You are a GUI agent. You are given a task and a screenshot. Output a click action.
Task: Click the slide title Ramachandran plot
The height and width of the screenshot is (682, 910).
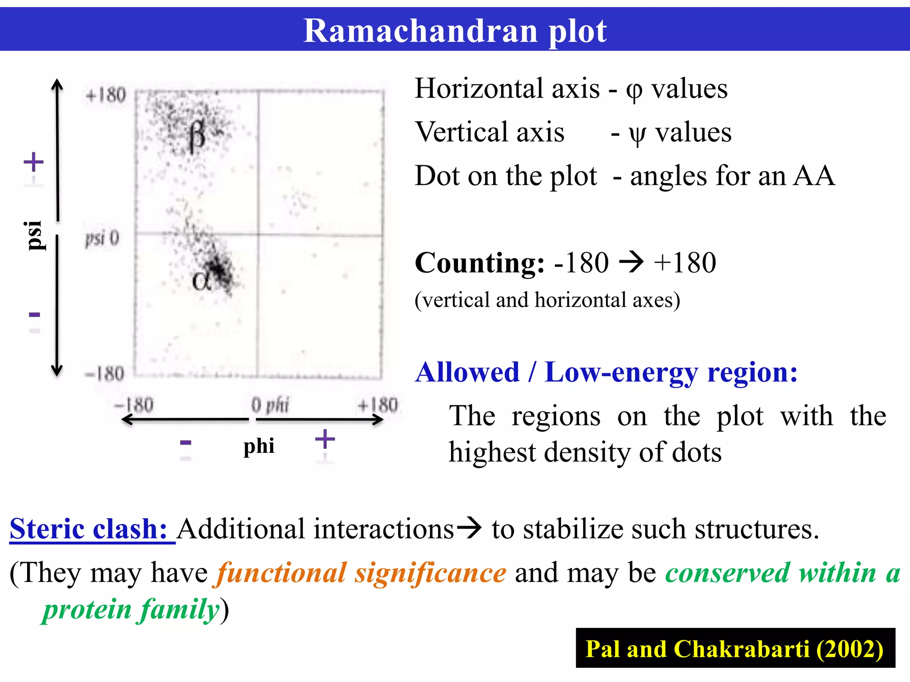[455, 31]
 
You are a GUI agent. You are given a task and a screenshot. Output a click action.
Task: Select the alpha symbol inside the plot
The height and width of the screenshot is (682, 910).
[201, 281]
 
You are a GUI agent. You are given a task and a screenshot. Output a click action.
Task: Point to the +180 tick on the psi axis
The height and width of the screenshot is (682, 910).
[106, 95]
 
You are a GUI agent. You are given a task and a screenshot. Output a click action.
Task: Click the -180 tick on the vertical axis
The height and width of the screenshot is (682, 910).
[104, 374]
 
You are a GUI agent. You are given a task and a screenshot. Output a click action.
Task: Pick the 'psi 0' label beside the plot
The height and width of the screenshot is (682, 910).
[102, 238]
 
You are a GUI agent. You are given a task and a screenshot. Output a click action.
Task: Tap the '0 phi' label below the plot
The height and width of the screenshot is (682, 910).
[270, 405]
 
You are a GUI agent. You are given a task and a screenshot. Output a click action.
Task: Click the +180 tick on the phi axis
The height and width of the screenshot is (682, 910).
[378, 405]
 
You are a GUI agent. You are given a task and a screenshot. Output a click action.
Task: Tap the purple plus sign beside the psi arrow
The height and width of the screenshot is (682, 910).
[34, 162]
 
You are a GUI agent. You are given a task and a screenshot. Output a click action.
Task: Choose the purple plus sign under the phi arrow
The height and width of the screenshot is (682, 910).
[325, 440]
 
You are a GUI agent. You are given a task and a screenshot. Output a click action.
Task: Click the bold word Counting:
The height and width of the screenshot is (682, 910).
[479, 263]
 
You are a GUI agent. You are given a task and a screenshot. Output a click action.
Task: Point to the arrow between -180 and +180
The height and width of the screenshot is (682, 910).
[631, 262]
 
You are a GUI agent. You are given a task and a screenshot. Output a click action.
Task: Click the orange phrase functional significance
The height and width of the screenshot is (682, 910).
[361, 573]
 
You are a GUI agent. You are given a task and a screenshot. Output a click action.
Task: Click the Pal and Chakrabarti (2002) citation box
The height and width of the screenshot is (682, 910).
[735, 648]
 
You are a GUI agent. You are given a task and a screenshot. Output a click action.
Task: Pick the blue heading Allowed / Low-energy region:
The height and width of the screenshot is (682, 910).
[606, 372]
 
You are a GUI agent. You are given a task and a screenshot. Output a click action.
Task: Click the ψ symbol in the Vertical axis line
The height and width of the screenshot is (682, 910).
[637, 133]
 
